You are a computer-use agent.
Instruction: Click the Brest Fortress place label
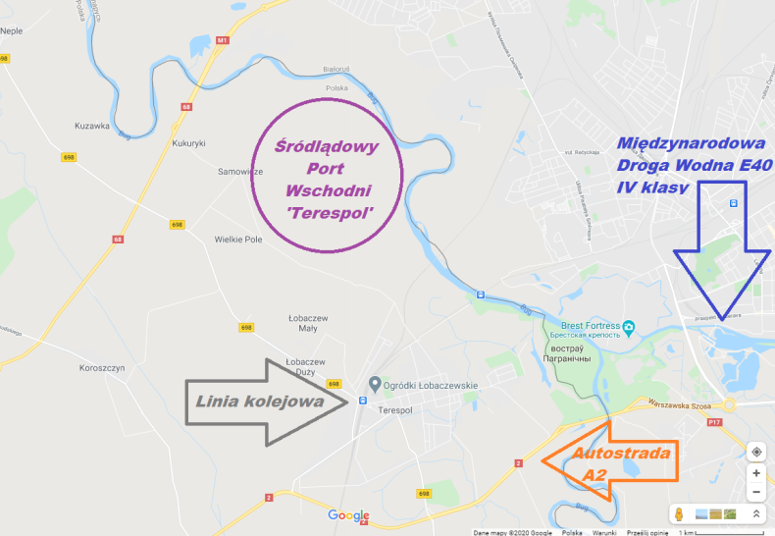tap(591, 325)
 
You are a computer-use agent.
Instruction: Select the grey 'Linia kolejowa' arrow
tap(265, 400)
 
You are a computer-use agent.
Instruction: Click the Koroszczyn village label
tap(102, 369)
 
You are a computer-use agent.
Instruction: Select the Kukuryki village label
tap(186, 143)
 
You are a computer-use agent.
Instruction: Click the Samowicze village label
tap(241, 171)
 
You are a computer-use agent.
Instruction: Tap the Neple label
tap(13, 30)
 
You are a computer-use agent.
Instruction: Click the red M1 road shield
tap(223, 40)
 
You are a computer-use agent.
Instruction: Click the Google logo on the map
tap(348, 515)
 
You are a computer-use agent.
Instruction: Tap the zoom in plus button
tap(756, 473)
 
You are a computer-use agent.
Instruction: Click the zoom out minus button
tap(756, 493)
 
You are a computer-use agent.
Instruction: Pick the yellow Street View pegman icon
tap(679, 514)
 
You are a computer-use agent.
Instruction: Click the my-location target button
tap(756, 452)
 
